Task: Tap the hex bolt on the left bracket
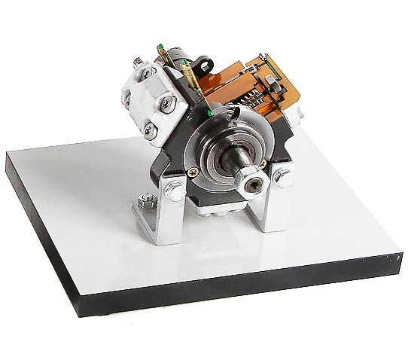coord(172,185)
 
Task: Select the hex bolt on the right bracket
coord(284,178)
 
